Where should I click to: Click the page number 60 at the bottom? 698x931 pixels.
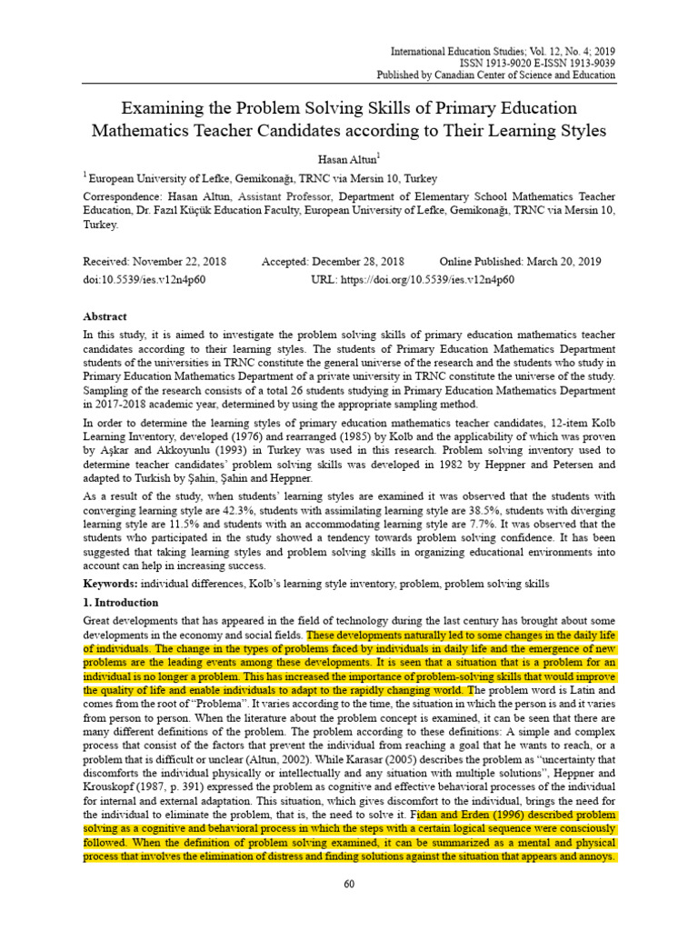(349, 886)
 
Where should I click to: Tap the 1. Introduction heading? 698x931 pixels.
(120, 603)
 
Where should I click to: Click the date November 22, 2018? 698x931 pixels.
(181, 261)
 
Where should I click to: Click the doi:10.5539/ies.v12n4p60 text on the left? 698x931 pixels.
(145, 278)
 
